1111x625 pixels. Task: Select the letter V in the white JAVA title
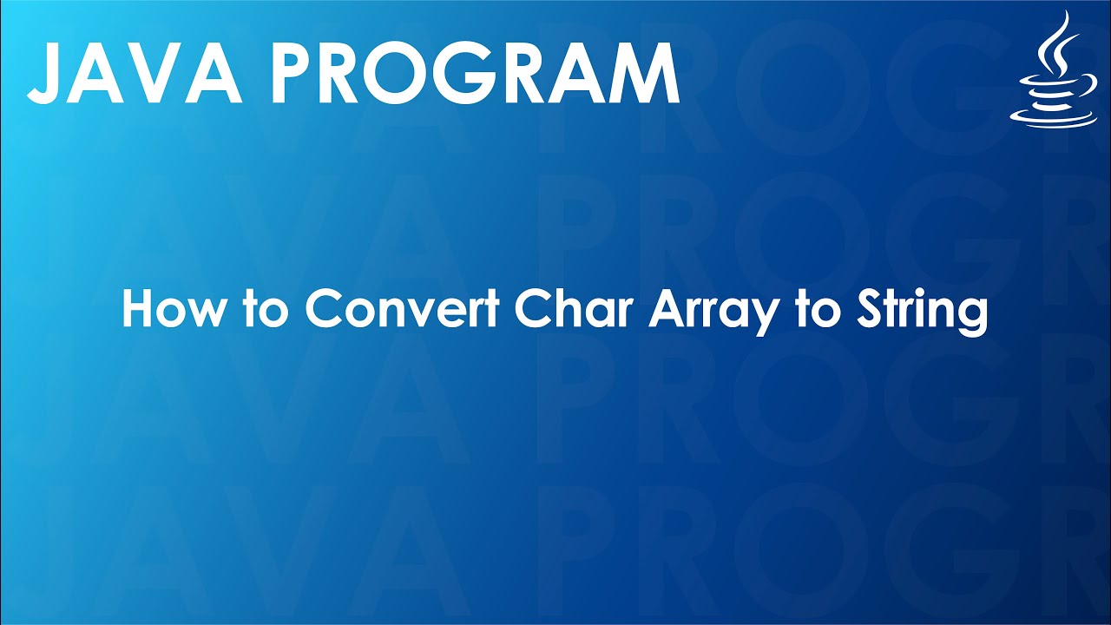click(x=162, y=73)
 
